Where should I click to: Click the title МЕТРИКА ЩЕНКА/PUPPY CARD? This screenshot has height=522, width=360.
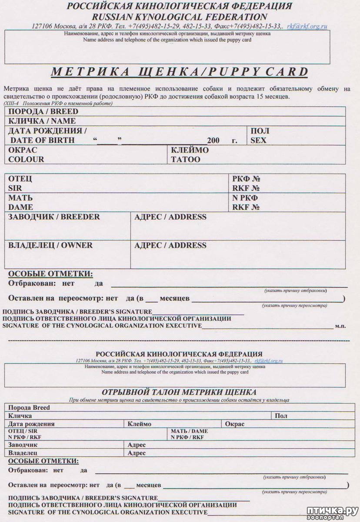point(180,72)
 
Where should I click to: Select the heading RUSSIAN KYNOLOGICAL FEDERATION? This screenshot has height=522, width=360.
point(180,17)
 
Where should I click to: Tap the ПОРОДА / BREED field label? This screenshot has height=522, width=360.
point(43,111)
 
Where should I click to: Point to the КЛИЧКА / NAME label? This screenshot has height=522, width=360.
point(42,121)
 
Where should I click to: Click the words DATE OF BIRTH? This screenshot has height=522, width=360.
point(42,141)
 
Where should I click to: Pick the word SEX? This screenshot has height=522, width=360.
point(258,141)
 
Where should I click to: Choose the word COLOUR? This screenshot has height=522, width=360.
point(26,159)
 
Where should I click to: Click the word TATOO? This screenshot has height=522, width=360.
point(186,159)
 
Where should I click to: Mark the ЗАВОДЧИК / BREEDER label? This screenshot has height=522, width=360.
point(54,217)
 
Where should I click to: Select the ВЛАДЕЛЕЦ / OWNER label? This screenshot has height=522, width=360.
point(50,245)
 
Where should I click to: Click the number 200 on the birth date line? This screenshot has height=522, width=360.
point(213,141)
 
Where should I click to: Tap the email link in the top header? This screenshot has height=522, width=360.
point(307,27)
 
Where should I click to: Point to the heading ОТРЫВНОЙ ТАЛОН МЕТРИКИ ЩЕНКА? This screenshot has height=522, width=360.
point(179,392)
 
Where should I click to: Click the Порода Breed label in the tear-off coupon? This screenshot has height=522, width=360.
point(29,408)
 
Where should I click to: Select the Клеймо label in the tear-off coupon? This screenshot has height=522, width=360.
point(139,424)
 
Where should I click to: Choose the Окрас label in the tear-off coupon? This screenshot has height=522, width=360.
point(235,424)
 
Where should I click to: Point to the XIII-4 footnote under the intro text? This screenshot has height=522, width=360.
point(57,104)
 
